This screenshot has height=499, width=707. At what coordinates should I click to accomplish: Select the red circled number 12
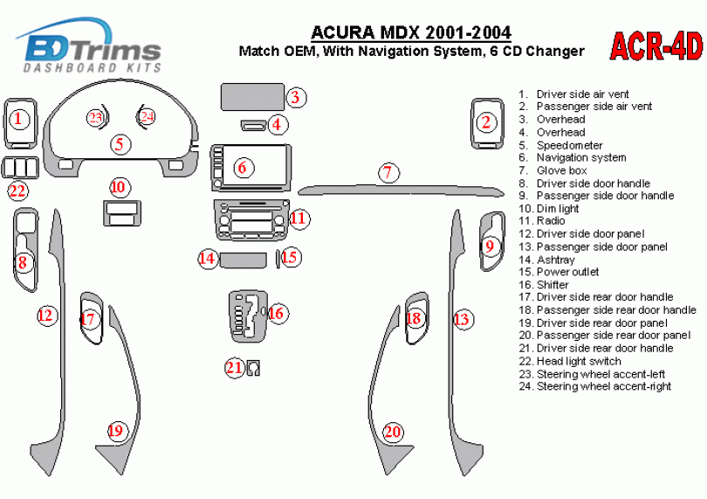pos(45,315)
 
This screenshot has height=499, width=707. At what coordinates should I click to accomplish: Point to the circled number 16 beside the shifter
pos(276,313)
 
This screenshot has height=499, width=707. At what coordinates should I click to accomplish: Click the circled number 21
pos(234,368)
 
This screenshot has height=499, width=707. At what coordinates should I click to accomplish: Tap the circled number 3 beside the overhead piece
pos(296,97)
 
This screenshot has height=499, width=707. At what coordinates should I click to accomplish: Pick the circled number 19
pos(115,430)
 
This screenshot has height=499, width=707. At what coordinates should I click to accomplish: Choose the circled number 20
pos(393,431)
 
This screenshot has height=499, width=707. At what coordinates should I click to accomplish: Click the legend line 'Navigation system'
pos(580,158)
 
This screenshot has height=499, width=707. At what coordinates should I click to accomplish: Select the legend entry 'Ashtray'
pos(555,260)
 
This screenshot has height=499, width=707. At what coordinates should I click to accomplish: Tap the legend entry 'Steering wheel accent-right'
pos(603,386)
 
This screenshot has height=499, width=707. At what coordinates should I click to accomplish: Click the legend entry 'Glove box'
pos(561,170)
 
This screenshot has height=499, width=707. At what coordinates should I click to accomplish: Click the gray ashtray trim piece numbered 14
pos(243,259)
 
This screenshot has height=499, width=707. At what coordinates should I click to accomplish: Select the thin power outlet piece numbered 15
pos(278,259)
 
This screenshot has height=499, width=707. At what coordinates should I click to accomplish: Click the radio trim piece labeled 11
pos(252,220)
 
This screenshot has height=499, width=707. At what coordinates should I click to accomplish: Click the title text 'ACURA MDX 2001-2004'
pos(412,33)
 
